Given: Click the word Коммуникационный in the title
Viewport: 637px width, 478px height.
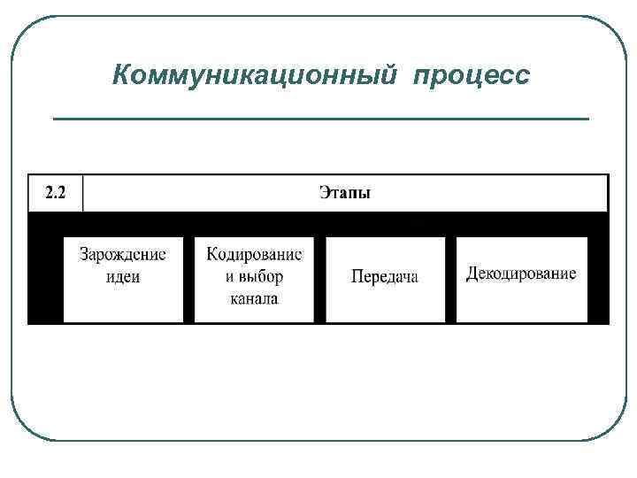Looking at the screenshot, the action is pyautogui.click(x=256, y=75).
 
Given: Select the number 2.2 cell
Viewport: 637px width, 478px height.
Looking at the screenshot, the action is pyautogui.click(x=54, y=193).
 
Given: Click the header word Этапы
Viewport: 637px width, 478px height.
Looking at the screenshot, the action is pyautogui.click(x=345, y=193).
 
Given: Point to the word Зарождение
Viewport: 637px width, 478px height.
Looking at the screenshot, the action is pyautogui.click(x=123, y=255).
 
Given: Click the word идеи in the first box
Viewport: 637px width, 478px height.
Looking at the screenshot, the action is pyautogui.click(x=123, y=276).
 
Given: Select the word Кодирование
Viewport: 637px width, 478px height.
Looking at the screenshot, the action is pyautogui.click(x=254, y=255).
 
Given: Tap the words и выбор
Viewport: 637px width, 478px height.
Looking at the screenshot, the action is pyautogui.click(x=254, y=276).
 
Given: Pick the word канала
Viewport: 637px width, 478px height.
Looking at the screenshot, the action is pyautogui.click(x=254, y=298).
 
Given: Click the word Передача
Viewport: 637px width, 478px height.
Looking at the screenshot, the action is pyautogui.click(x=385, y=277).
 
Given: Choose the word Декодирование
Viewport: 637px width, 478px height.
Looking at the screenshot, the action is pyautogui.click(x=521, y=274).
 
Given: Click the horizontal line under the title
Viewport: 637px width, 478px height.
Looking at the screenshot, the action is pyautogui.click(x=320, y=118).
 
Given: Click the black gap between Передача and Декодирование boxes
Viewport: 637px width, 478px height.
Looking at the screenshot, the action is pyautogui.click(x=450, y=279).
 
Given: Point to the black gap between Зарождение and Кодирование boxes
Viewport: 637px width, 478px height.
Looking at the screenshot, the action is pyautogui.click(x=188, y=279).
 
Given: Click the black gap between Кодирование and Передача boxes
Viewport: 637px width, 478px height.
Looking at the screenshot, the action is pyautogui.click(x=319, y=279).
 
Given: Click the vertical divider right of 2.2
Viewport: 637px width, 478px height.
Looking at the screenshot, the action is pyautogui.click(x=82, y=193).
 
